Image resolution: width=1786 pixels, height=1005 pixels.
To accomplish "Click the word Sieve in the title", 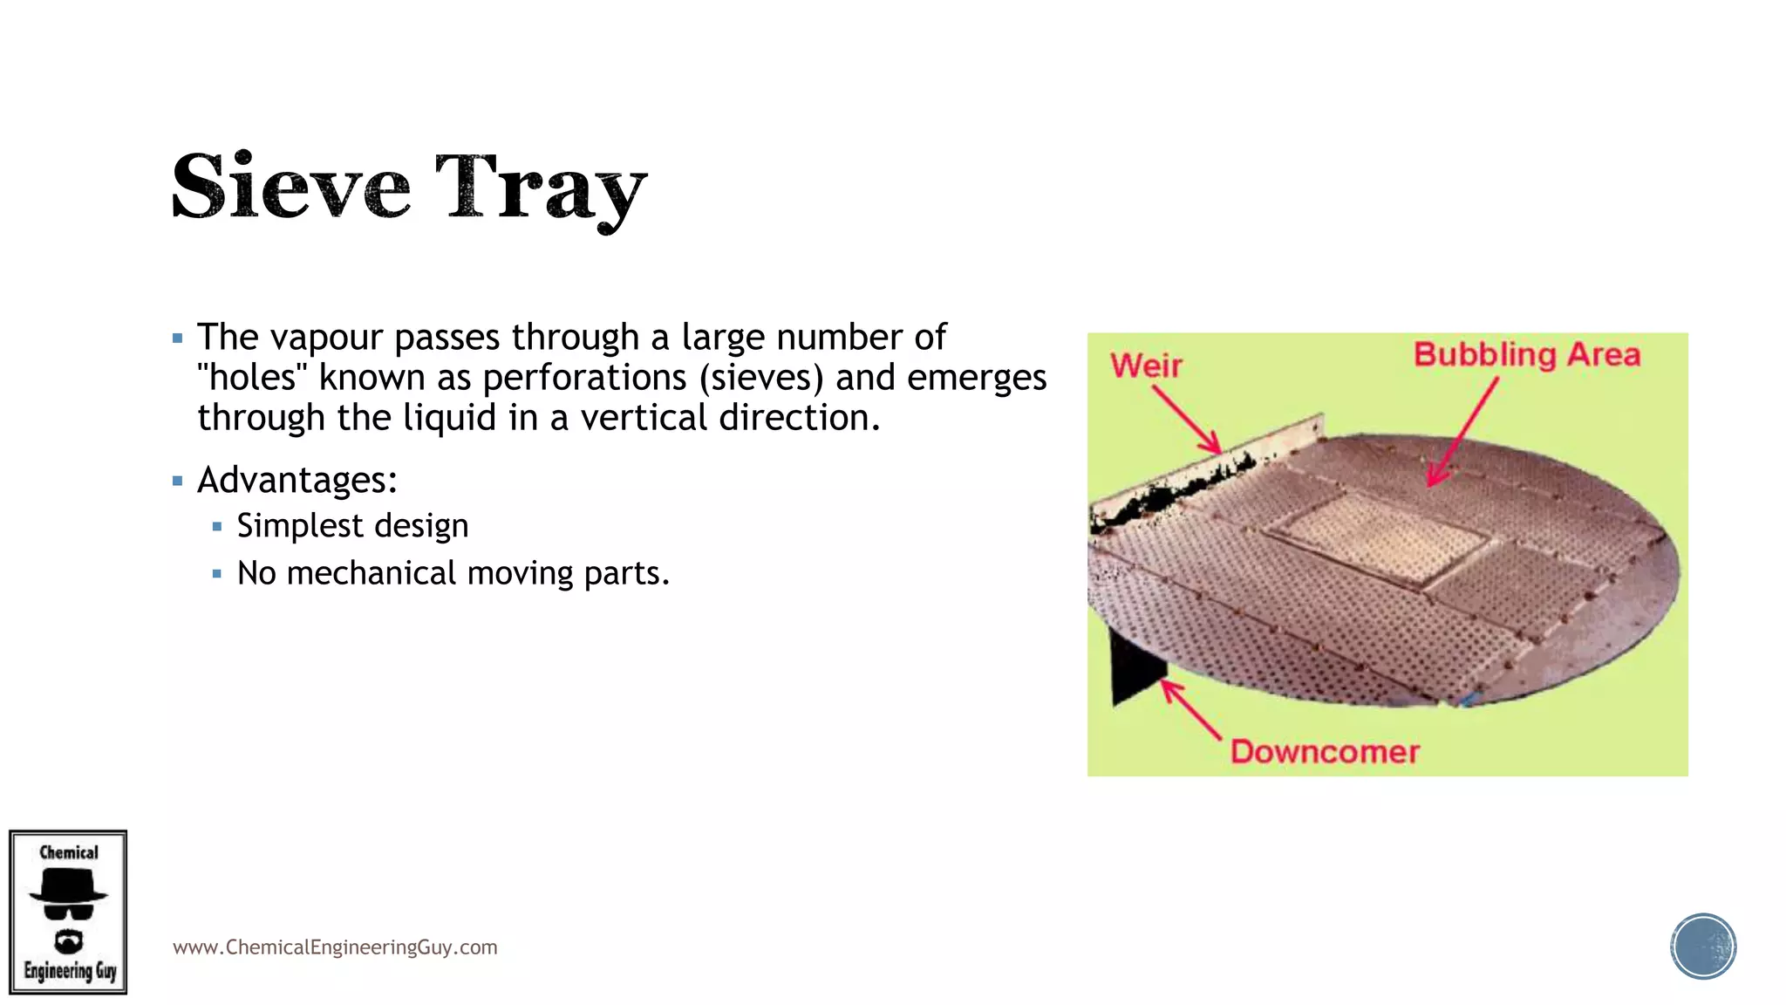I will coord(290,186).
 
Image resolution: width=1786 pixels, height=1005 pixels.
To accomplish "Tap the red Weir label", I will coord(1146,366).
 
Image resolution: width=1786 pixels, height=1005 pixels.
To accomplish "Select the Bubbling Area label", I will coord(1526,355).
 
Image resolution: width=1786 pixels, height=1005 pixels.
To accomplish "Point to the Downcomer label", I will coord(1325,752).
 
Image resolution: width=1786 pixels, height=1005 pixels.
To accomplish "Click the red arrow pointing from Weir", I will coord(1187,420).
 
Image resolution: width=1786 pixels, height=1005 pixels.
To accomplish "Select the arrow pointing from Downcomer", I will coord(1191,710).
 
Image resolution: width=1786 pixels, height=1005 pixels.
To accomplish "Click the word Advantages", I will coord(297,480).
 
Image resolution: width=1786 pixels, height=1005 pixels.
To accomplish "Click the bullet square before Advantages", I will coord(178,481).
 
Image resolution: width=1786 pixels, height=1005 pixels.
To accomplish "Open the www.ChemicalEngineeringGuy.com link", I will coord(335,947).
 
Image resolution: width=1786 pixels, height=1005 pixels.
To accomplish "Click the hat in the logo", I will coord(68,888).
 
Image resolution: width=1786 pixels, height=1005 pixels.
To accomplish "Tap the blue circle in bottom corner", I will coord(1702,947).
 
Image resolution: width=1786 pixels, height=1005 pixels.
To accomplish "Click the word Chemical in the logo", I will coord(69,852).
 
